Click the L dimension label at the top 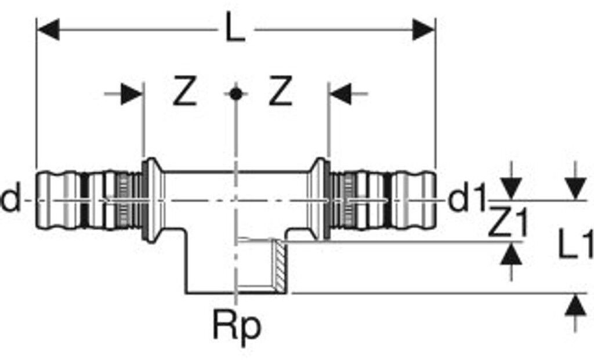coord(236,27)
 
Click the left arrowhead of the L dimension coord(48,30)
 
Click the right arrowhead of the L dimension coord(424,30)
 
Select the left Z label coord(185,90)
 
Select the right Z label coord(280,90)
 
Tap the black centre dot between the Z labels coord(236,94)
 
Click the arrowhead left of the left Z coord(132,94)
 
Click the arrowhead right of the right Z coord(341,94)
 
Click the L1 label coord(575,246)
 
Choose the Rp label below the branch coord(237,326)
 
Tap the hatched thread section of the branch coord(280,266)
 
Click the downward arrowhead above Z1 coord(512,189)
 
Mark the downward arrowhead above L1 coord(576,189)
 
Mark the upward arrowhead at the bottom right coord(576,305)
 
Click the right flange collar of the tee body coord(319,200)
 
